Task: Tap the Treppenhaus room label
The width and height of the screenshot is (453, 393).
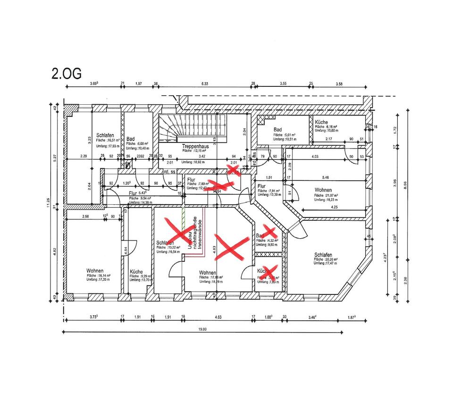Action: [x=195, y=146]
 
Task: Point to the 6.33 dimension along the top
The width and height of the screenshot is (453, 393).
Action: [x=204, y=84]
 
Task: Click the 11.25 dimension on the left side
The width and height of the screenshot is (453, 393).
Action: [x=49, y=202]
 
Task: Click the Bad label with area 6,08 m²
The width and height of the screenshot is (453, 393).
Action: [x=131, y=139]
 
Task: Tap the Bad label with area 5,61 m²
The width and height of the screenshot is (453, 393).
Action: [x=277, y=129]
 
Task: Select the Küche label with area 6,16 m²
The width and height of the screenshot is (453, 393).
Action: [x=321, y=122]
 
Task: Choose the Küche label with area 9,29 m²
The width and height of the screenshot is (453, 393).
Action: [x=137, y=272]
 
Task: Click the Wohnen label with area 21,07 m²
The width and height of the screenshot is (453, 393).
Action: [x=322, y=190]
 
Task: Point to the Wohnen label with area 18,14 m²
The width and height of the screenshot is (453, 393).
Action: [x=95, y=271]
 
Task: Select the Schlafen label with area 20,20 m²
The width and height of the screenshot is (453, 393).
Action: [x=326, y=255]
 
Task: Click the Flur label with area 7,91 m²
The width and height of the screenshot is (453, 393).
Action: [x=262, y=186]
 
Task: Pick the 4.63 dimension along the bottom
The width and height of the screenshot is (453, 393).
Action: [x=218, y=317]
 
